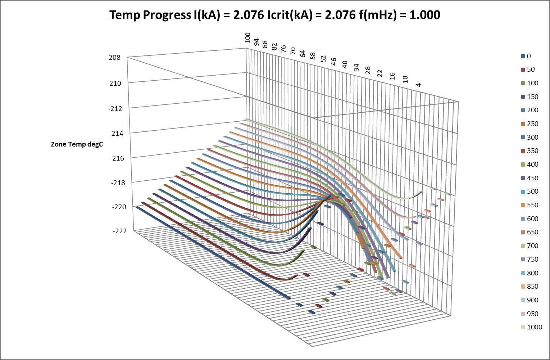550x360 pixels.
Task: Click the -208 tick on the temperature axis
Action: [114, 58]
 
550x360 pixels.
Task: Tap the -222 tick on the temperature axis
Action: [120, 231]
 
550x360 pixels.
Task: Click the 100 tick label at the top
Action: [247, 37]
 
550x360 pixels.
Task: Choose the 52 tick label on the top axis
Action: [323, 59]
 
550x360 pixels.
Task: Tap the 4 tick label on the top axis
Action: [418, 85]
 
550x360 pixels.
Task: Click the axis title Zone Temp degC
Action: [77, 144]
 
